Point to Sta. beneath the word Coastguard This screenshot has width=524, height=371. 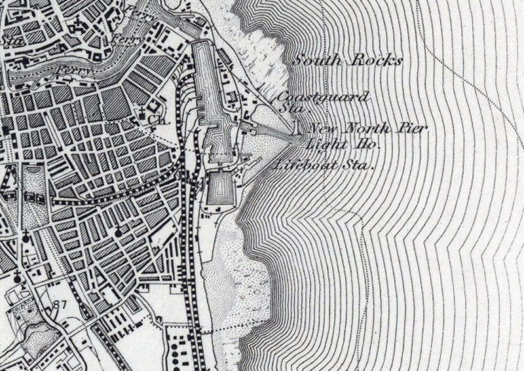289,109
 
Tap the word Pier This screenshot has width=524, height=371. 411,128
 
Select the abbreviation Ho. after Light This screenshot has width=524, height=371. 360,142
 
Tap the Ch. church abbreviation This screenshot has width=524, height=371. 155,120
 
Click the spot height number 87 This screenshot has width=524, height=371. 62,303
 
